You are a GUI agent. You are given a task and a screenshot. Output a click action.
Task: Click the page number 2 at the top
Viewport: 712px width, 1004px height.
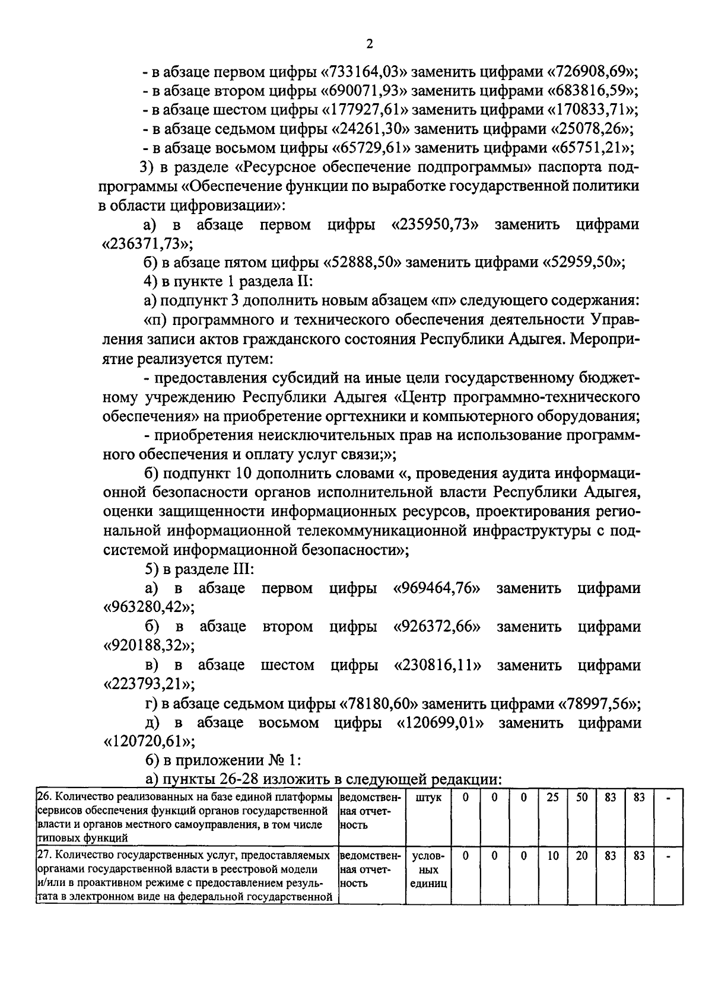369,44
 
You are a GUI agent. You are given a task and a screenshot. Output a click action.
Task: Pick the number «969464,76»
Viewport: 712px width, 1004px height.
437,588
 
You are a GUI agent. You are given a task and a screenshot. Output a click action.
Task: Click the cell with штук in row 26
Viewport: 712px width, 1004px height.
428,798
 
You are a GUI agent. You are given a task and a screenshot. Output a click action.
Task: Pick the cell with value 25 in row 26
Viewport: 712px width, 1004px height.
552,798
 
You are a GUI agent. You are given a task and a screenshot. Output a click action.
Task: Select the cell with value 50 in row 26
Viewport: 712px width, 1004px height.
581,798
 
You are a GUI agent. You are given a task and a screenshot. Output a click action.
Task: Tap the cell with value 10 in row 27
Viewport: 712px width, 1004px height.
552,856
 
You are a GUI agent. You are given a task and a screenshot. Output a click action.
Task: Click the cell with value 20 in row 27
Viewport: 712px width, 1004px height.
581,856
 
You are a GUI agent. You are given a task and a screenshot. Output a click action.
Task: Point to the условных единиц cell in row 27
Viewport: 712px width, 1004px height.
428,870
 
